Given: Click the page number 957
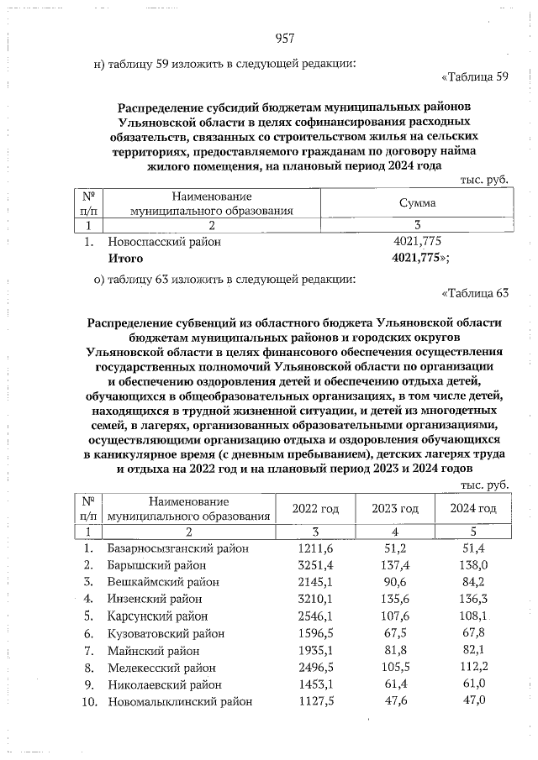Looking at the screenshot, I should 284,38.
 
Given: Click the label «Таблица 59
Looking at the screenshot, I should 475,79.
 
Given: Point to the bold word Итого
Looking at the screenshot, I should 125,259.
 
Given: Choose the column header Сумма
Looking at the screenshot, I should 417,202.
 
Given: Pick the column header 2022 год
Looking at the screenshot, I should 315,509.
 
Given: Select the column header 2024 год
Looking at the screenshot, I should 472,509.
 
